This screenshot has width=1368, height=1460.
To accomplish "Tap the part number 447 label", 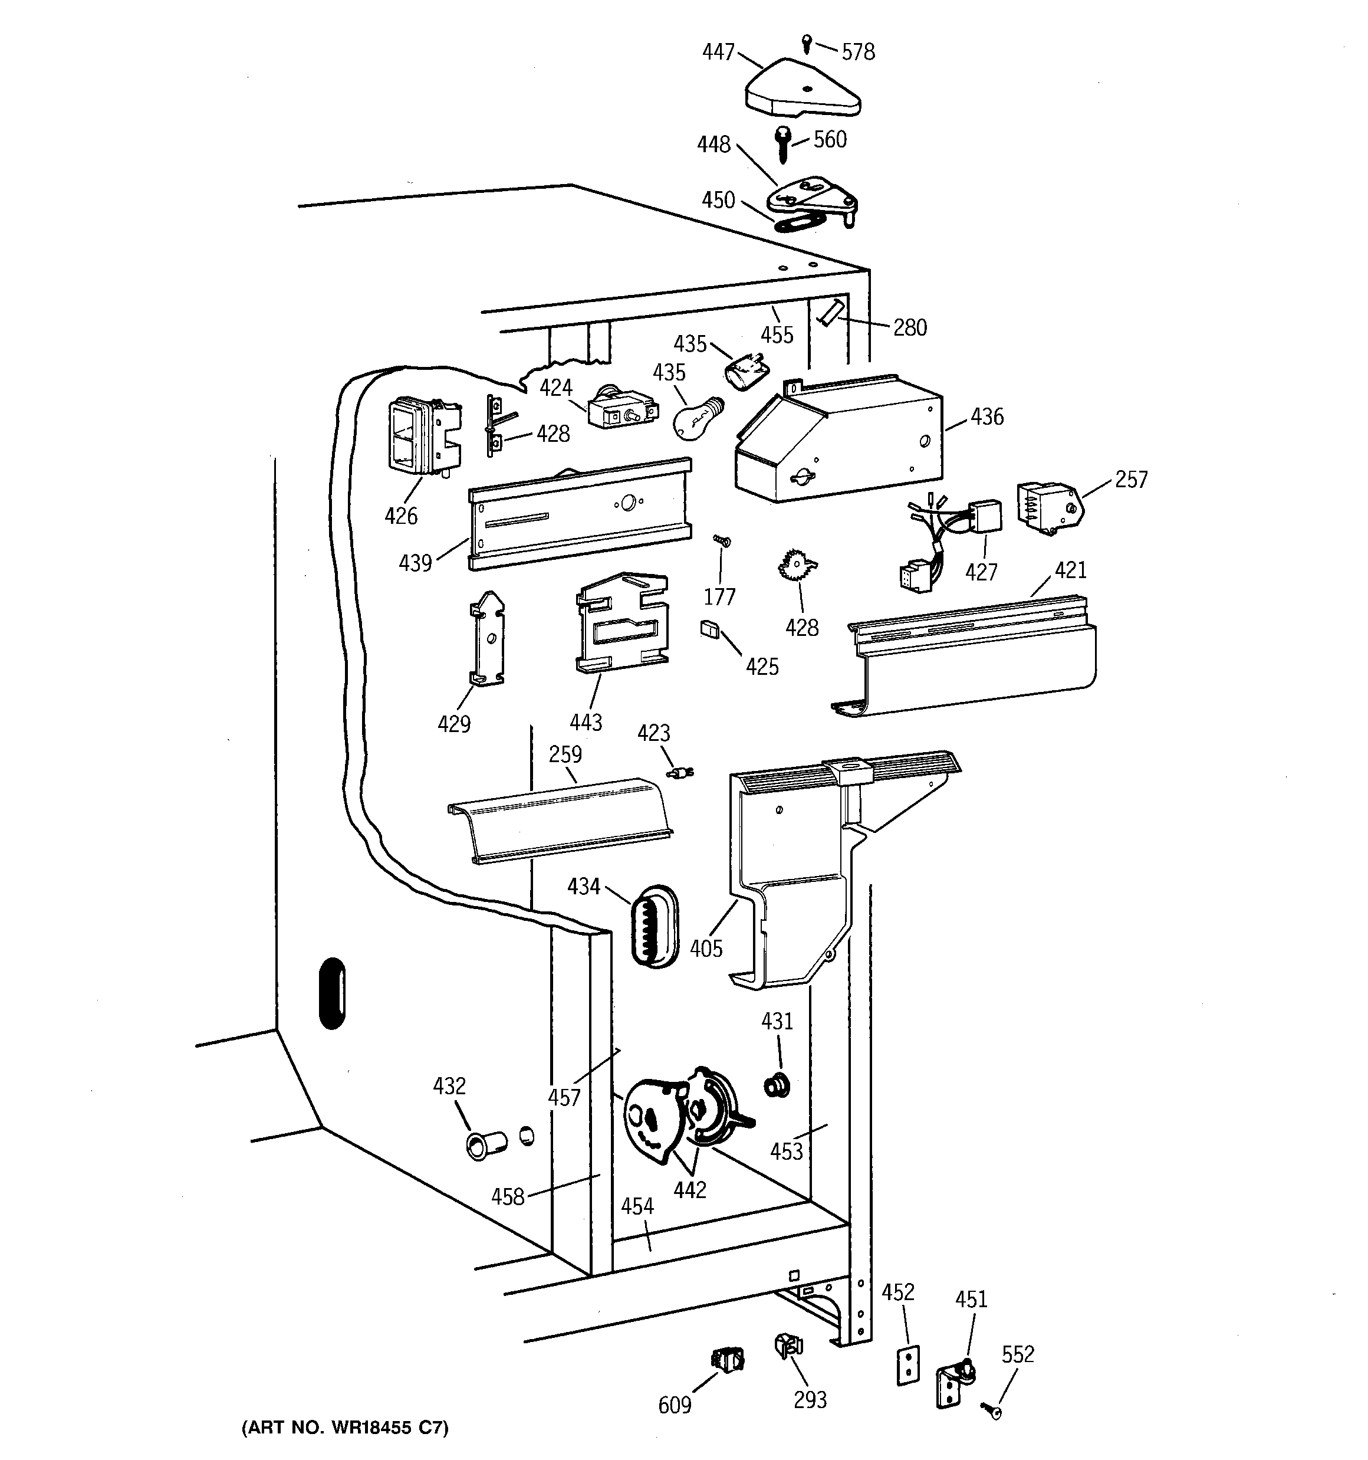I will pos(718,51).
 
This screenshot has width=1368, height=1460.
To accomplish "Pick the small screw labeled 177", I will pos(722,542).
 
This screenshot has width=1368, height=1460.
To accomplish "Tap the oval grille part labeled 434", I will pos(653,927).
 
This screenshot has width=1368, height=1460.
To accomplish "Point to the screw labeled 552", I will pos(991,1409).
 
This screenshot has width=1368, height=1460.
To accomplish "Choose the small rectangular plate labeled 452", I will pos(908,1365).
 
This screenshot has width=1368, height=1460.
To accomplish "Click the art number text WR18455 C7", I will pos(344,1428).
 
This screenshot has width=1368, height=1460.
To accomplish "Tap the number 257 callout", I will pos(1131,480).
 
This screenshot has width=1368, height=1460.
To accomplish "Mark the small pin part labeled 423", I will pos(680,773).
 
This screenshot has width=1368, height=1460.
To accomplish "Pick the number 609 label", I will pos(674,1404).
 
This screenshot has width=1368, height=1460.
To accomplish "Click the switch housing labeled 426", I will pos(422,434).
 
